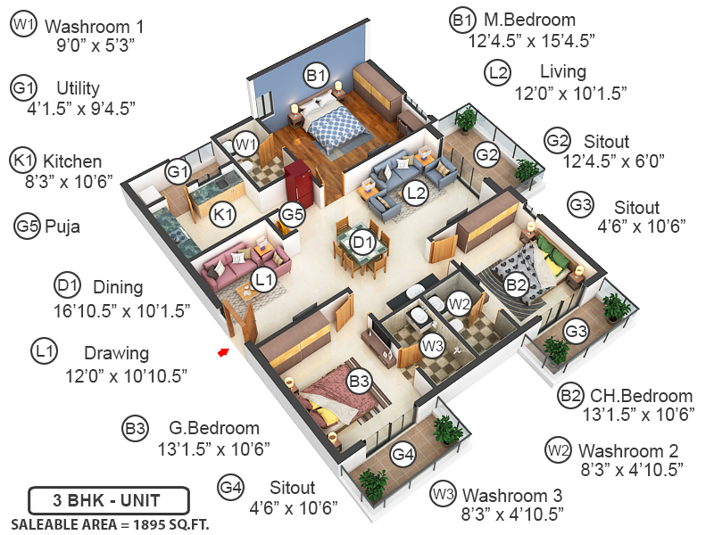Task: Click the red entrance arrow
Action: pyautogui.click(x=222, y=352)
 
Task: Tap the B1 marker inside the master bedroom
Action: pyautogui.click(x=315, y=77)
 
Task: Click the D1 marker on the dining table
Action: pyautogui.click(x=361, y=241)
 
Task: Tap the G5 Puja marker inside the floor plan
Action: pyautogui.click(x=292, y=214)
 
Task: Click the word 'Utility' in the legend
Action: pyautogui.click(x=78, y=88)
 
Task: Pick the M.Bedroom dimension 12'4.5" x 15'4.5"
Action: pyautogui.click(x=531, y=40)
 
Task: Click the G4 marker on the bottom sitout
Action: pyautogui.click(x=403, y=455)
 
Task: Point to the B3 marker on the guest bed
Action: pyautogui.click(x=359, y=383)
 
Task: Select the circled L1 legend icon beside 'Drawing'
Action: pyautogui.click(x=43, y=351)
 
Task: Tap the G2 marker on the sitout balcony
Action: pyautogui.click(x=486, y=154)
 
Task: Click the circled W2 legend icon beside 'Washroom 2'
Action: pyautogui.click(x=558, y=449)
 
